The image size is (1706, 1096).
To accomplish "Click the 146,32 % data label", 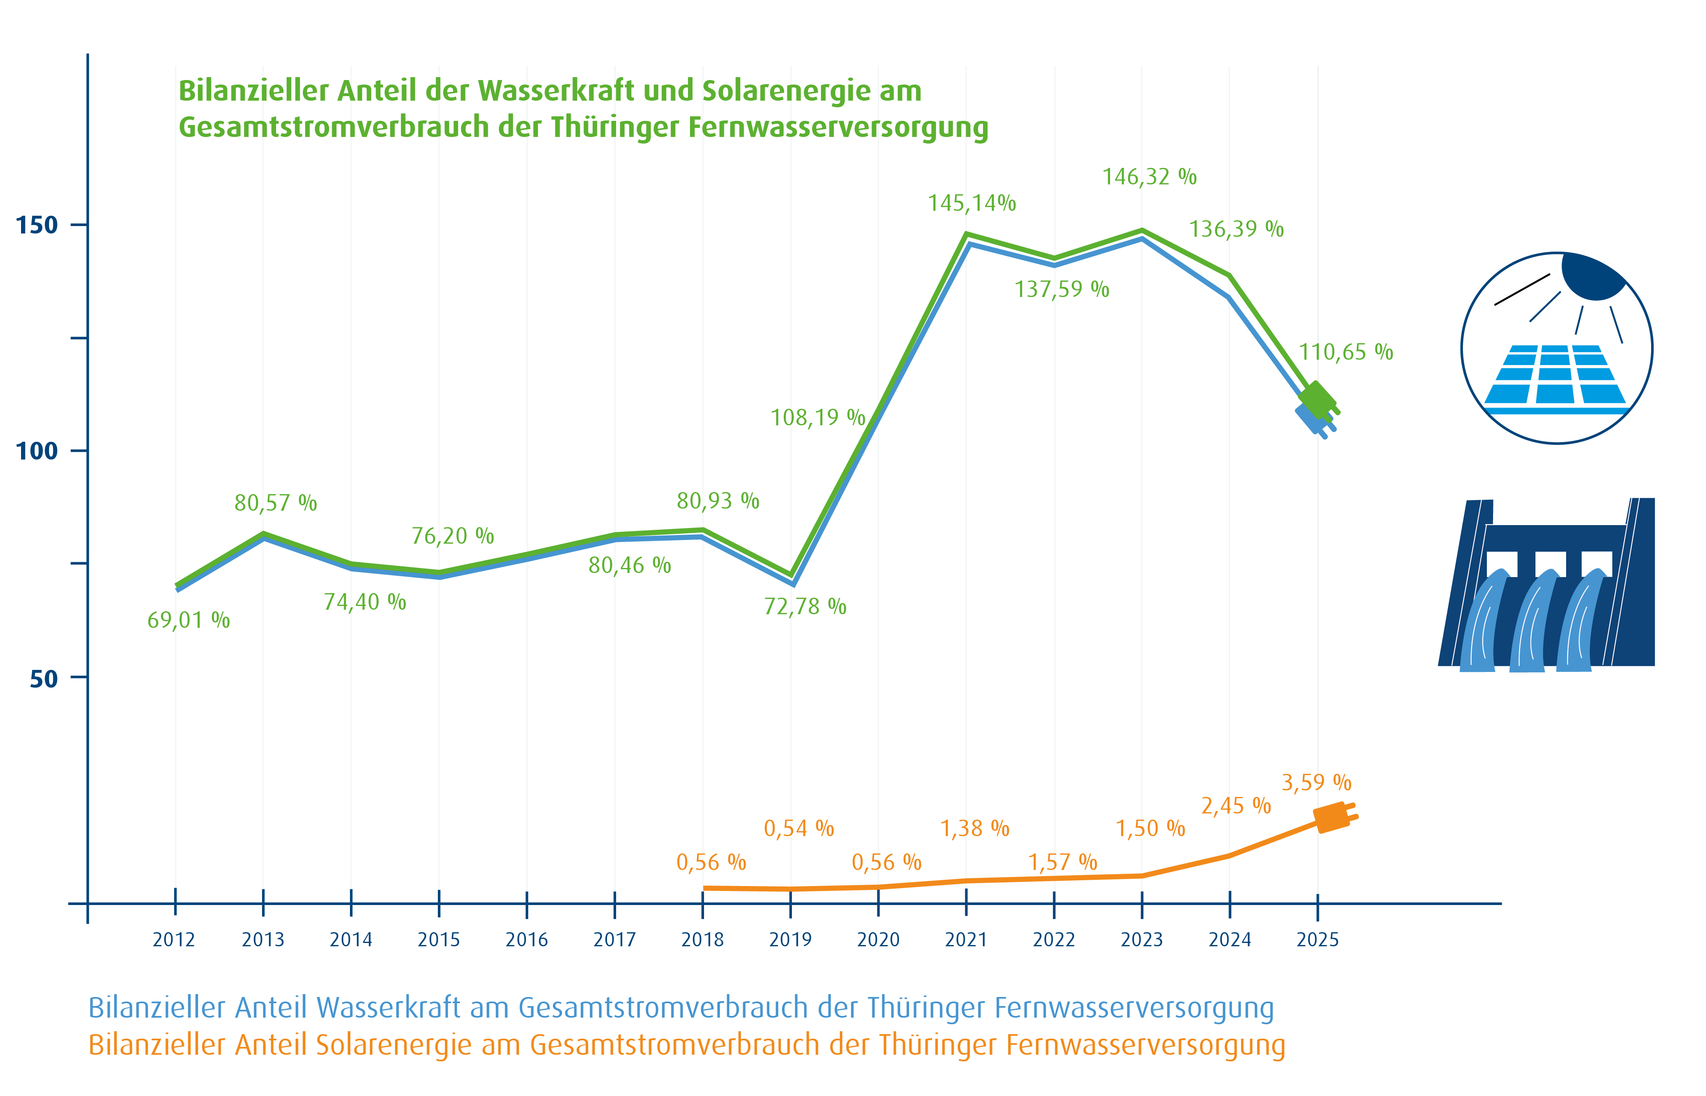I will (x=1149, y=177).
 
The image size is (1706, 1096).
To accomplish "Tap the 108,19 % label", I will (x=818, y=417).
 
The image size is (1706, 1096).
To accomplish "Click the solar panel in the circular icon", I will (x=1555, y=377).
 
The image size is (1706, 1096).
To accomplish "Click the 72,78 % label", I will (x=805, y=606).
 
